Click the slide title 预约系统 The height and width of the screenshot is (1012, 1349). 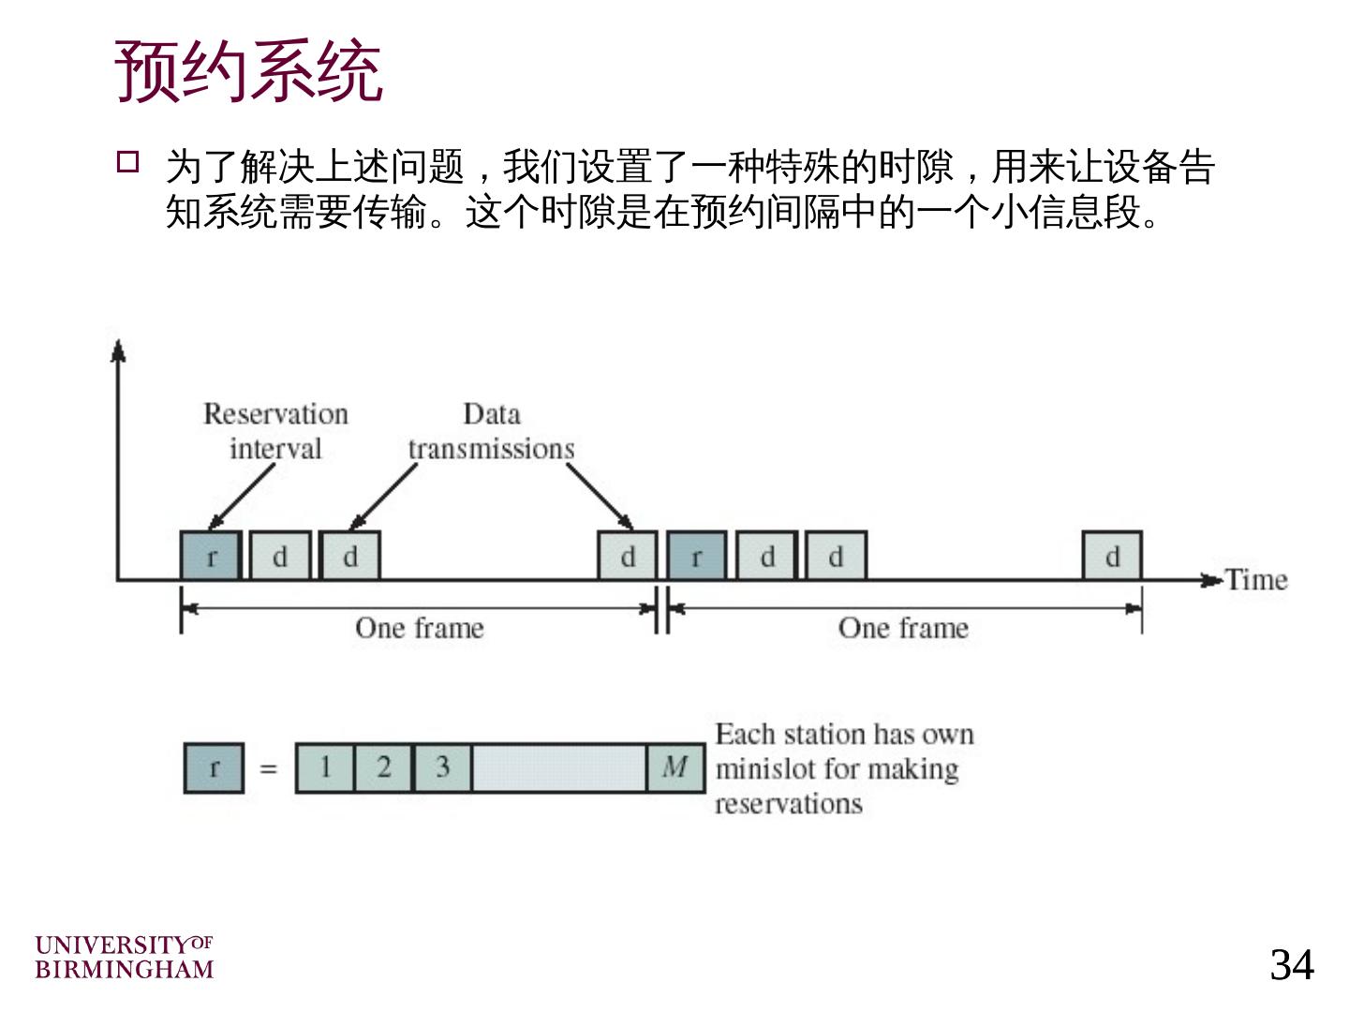pos(248,70)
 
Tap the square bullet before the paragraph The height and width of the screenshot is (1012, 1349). pos(127,162)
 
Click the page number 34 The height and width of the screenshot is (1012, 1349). pos(1291,964)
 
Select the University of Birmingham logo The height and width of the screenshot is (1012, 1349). pos(124,957)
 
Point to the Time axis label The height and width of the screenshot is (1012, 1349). pos(1256,580)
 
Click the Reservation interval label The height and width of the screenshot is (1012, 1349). pos(275,431)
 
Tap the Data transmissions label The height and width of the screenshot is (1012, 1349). pos(491,431)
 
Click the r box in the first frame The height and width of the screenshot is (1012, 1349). pos(211,557)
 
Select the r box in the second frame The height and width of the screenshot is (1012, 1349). pos(696,557)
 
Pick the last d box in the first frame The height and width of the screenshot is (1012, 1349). pos(628,557)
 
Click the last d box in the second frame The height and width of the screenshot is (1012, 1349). pos(1112,557)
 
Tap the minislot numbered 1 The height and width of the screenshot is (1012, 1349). pos(325,767)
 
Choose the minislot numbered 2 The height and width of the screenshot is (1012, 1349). pos(384,767)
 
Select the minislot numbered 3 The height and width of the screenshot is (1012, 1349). pos(442,767)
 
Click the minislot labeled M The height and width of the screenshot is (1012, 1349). pos(675,767)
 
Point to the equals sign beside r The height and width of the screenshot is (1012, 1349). pos(269,769)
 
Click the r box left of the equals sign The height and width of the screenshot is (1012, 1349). pos(214,767)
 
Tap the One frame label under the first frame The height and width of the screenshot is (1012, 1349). pos(420,628)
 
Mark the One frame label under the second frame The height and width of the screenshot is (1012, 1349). pos(903,628)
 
